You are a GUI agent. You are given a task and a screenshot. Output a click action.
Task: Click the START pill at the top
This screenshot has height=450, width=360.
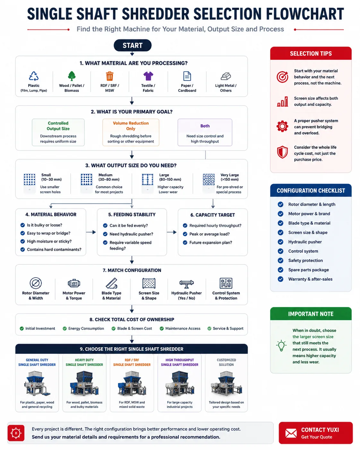(x=132, y=45)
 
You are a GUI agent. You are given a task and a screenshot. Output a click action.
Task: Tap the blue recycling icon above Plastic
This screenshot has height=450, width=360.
(x=34, y=76)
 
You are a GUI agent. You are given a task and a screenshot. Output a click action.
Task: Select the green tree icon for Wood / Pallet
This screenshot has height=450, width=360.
(x=72, y=76)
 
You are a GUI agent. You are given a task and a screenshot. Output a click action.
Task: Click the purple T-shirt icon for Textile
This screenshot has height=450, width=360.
(x=148, y=76)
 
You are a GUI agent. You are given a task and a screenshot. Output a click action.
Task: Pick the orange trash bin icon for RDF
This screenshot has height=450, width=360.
(x=109, y=76)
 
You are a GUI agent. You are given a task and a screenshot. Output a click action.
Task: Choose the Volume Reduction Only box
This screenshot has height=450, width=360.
(x=131, y=132)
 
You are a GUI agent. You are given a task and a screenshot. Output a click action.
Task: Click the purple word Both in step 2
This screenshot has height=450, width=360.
(x=205, y=126)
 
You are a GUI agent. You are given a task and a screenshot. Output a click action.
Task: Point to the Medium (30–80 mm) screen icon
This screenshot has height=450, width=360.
(x=87, y=179)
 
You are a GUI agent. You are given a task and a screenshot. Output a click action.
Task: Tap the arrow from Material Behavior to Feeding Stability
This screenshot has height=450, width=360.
(x=91, y=232)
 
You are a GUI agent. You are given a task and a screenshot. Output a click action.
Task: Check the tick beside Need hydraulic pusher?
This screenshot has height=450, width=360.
(x=105, y=234)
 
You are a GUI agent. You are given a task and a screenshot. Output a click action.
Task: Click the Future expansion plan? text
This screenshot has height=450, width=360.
(x=210, y=243)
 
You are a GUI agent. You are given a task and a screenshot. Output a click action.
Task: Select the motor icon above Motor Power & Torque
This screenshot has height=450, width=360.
(x=74, y=283)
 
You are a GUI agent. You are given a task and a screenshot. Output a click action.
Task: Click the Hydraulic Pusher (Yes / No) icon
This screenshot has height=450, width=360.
(x=186, y=284)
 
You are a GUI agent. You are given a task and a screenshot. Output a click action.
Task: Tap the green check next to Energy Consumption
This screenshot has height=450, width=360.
(x=64, y=328)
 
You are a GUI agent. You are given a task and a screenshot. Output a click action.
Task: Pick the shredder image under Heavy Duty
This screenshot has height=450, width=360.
(x=84, y=383)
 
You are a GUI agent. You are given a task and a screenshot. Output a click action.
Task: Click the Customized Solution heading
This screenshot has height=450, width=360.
(x=226, y=362)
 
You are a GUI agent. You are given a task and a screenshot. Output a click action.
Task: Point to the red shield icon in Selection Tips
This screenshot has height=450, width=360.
(x=282, y=152)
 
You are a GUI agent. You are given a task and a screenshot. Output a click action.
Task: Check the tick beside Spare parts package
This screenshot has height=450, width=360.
(x=280, y=270)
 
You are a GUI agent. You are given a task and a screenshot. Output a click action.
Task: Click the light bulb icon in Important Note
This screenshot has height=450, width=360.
(x=281, y=346)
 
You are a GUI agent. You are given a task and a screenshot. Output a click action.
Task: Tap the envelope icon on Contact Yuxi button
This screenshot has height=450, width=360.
(x=291, y=433)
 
